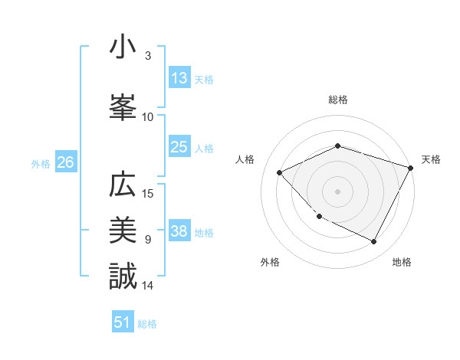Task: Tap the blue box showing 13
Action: [x=179, y=78]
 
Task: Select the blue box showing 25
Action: [x=179, y=147]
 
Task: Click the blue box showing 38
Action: [x=179, y=232]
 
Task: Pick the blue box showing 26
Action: [x=65, y=162]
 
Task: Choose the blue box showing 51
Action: [x=123, y=322]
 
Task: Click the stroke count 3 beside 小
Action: [x=148, y=55]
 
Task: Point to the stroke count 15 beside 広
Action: [x=148, y=193]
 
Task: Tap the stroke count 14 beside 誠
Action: [x=148, y=285]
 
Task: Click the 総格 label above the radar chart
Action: [x=338, y=100]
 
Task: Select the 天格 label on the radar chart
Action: [x=431, y=159]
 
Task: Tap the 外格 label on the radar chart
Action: [x=270, y=262]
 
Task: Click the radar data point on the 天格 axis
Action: [x=411, y=168]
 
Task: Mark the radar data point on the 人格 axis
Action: [x=280, y=172]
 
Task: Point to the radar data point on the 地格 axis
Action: [x=373, y=242]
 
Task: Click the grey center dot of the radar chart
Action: [x=338, y=191]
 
